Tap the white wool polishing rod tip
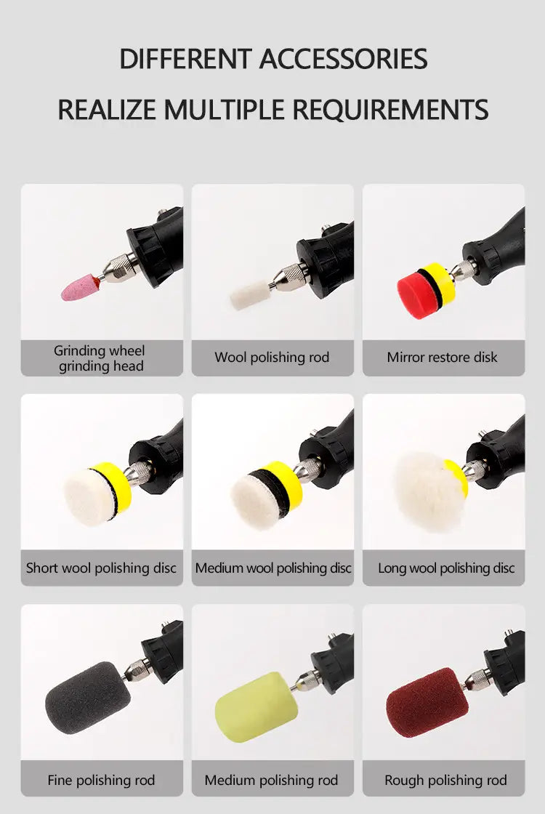coord(250,295)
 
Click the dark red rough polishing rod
coord(427,702)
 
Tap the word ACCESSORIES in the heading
coord(343,59)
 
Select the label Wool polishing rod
coord(272,357)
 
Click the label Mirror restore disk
coord(443,357)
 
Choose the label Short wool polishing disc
coord(101,568)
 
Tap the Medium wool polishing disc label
coord(273,568)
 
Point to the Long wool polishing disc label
coord(446,568)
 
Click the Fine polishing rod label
coord(101,780)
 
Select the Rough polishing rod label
coord(445,780)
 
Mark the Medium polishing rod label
coord(271,780)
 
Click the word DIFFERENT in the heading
coord(185,59)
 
